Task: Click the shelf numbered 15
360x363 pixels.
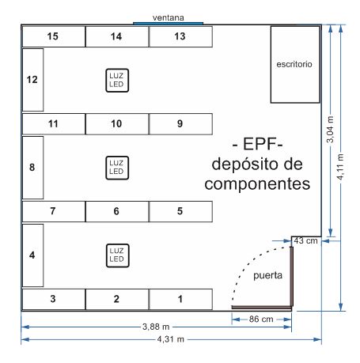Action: click(54, 36)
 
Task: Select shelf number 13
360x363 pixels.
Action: click(180, 36)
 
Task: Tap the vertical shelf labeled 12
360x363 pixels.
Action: click(32, 80)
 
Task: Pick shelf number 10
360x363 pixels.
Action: click(117, 124)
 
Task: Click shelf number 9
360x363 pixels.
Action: click(180, 124)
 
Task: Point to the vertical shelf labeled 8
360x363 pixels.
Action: click(32, 168)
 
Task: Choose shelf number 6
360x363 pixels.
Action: click(117, 211)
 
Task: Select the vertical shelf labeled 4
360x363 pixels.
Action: click(32, 255)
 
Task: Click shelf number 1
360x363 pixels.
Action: click(180, 299)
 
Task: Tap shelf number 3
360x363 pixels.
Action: click(54, 299)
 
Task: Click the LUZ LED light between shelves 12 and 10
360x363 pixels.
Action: click(117, 81)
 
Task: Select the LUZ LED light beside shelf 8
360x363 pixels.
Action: click(117, 168)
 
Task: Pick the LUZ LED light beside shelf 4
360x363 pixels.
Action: click(117, 255)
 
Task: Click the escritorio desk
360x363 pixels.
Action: click(295, 64)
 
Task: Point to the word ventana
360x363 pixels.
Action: click(169, 17)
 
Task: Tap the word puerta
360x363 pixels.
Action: click(267, 275)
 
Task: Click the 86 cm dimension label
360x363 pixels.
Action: click(261, 320)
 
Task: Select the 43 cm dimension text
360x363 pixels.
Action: click(305, 240)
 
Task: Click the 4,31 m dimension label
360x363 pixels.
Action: click(171, 339)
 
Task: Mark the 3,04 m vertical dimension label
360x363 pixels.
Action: click(330, 129)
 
